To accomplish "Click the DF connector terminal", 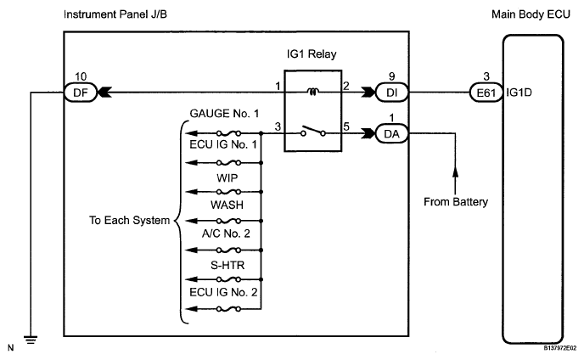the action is click(81, 93).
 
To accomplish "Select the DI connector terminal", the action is click(392, 93).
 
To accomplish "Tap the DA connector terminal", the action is click(391, 133).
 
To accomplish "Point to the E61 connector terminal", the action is click(486, 93).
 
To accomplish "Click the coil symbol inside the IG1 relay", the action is click(312, 92).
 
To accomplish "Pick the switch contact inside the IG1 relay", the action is click(313, 131).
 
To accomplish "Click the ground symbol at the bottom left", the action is click(31, 340).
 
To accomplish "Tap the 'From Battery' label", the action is click(456, 202).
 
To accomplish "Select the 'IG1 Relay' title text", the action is click(312, 54).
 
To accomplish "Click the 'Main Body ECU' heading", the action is click(531, 14).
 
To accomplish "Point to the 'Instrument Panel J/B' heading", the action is click(115, 14).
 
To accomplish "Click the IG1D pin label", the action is click(519, 93).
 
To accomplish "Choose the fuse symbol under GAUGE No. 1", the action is click(228, 133).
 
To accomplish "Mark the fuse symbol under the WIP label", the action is click(228, 192).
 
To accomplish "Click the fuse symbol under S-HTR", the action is click(228, 279).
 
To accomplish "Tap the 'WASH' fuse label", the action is click(227, 205).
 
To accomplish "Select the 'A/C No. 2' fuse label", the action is click(226, 233).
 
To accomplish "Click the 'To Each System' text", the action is click(129, 220).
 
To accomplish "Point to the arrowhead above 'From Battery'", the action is click(455, 172).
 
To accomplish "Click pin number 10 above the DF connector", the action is click(81, 76).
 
